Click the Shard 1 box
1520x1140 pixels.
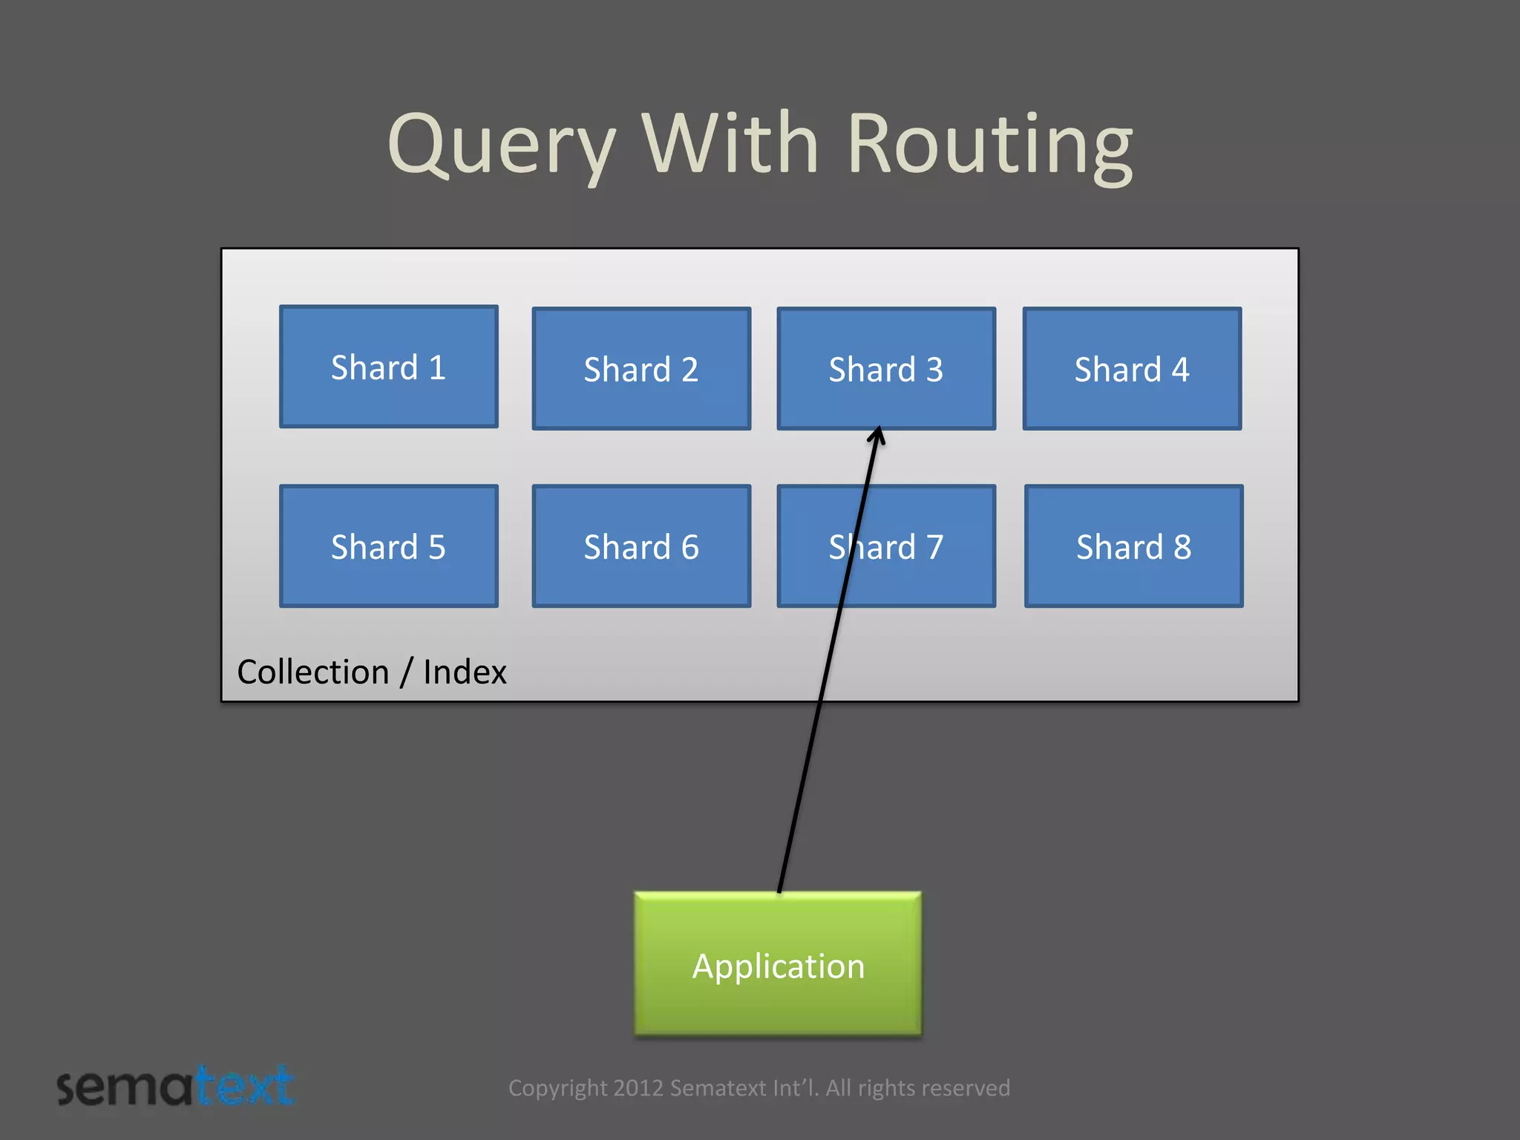(x=388, y=367)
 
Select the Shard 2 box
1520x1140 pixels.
(x=641, y=369)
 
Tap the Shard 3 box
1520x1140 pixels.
(x=886, y=369)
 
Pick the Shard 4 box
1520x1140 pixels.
(x=1132, y=369)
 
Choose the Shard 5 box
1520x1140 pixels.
(x=388, y=546)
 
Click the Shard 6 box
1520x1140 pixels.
(x=641, y=546)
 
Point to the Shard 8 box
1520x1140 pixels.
(x=1133, y=546)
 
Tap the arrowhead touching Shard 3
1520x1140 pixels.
(x=877, y=436)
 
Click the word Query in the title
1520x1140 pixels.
(x=502, y=144)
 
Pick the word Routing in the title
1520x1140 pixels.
(x=989, y=144)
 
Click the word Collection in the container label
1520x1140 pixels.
(x=312, y=672)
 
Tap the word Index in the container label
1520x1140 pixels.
(x=465, y=672)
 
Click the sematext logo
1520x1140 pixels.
(x=176, y=1087)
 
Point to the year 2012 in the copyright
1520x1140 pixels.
(x=638, y=1088)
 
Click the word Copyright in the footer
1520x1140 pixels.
(x=557, y=1088)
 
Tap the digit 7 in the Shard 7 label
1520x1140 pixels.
(x=934, y=548)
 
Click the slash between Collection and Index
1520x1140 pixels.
(x=406, y=672)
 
